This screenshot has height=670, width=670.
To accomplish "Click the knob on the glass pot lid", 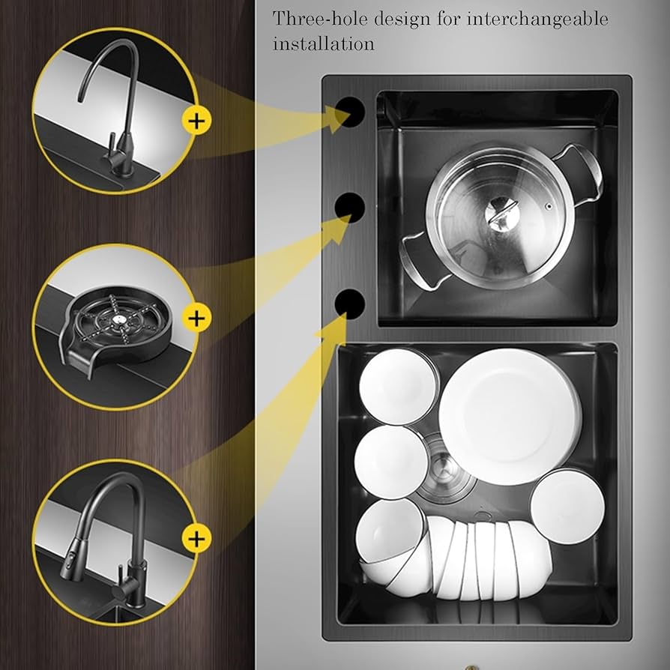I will (499, 215).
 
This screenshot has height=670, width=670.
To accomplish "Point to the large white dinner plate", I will (510, 416).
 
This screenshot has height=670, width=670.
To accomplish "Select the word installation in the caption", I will (323, 43).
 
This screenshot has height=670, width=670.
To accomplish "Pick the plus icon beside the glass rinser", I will (196, 318).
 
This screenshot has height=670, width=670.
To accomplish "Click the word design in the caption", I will (404, 19).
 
